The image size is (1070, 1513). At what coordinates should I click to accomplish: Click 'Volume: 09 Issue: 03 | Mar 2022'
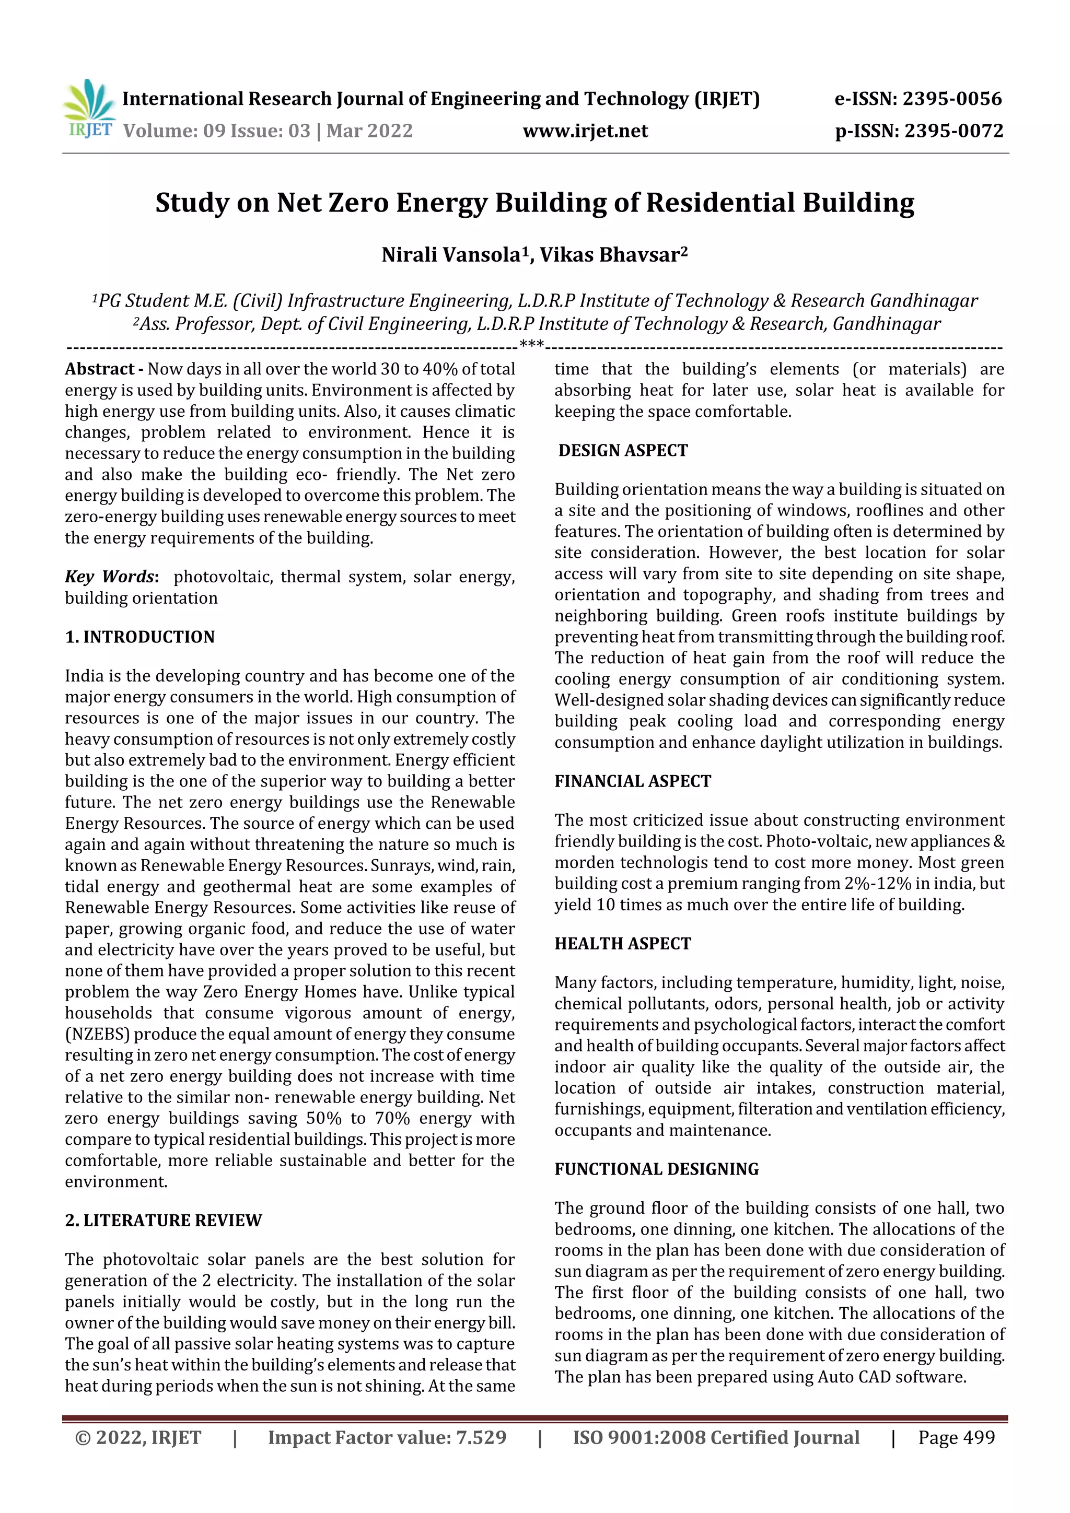[x=267, y=131]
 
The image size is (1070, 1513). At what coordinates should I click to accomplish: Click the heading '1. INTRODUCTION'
[x=140, y=637]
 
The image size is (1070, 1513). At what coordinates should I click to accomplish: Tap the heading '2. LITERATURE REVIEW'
[x=164, y=1220]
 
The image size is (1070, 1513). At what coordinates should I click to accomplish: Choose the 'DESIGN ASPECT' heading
[x=622, y=450]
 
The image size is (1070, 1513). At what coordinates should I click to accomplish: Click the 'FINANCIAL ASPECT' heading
[x=632, y=781]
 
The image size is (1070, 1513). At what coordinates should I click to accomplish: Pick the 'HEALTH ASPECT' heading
[x=622, y=943]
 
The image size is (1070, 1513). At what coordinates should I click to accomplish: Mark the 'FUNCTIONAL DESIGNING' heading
[x=656, y=1168]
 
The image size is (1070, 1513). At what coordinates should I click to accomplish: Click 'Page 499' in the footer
[x=956, y=1437]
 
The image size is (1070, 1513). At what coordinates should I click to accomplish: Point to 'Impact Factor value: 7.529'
[x=387, y=1437]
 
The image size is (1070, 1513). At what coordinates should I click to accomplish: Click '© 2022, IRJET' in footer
[x=138, y=1437]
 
